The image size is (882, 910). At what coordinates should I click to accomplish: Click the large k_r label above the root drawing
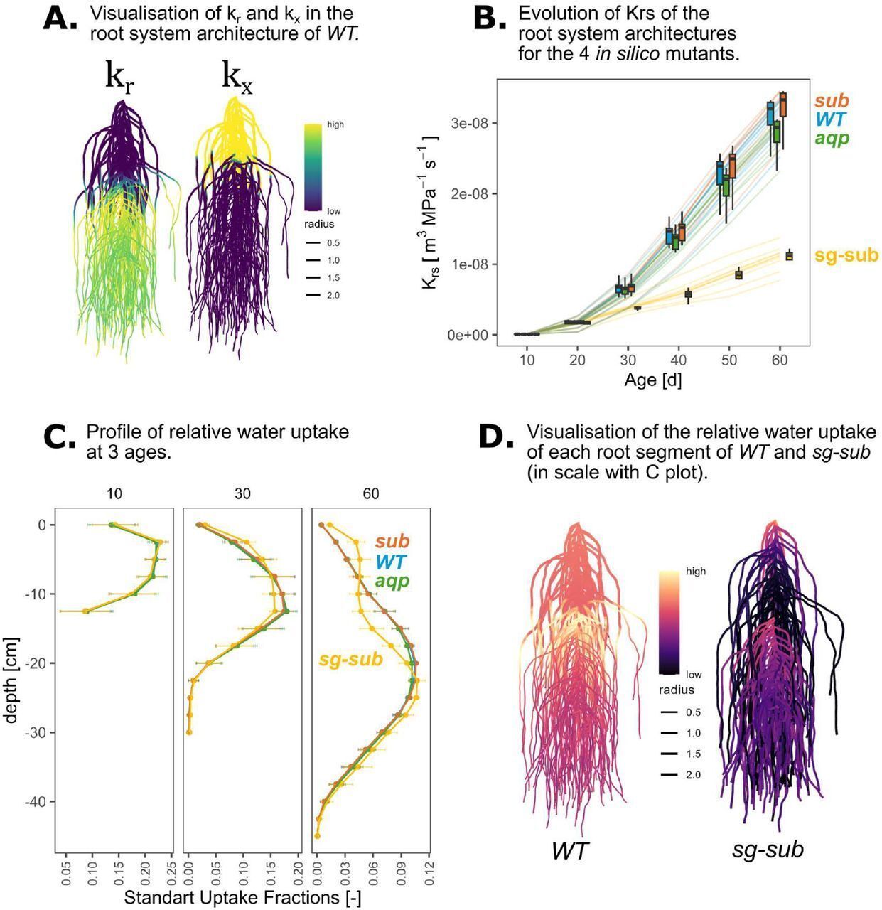120,76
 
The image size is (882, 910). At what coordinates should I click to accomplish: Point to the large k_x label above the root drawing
237,76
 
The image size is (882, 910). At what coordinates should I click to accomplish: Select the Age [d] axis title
652,380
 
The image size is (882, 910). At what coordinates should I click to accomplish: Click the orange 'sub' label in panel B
832,101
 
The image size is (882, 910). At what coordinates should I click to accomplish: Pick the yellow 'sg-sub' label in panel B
846,255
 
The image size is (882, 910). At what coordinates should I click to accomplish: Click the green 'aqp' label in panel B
832,137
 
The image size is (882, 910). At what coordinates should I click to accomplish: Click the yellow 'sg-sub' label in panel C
350,659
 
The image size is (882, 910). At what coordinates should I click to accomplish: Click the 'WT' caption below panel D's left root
570,850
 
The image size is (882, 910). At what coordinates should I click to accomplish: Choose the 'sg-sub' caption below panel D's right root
768,848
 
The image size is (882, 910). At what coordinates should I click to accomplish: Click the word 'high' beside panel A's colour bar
335,124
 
